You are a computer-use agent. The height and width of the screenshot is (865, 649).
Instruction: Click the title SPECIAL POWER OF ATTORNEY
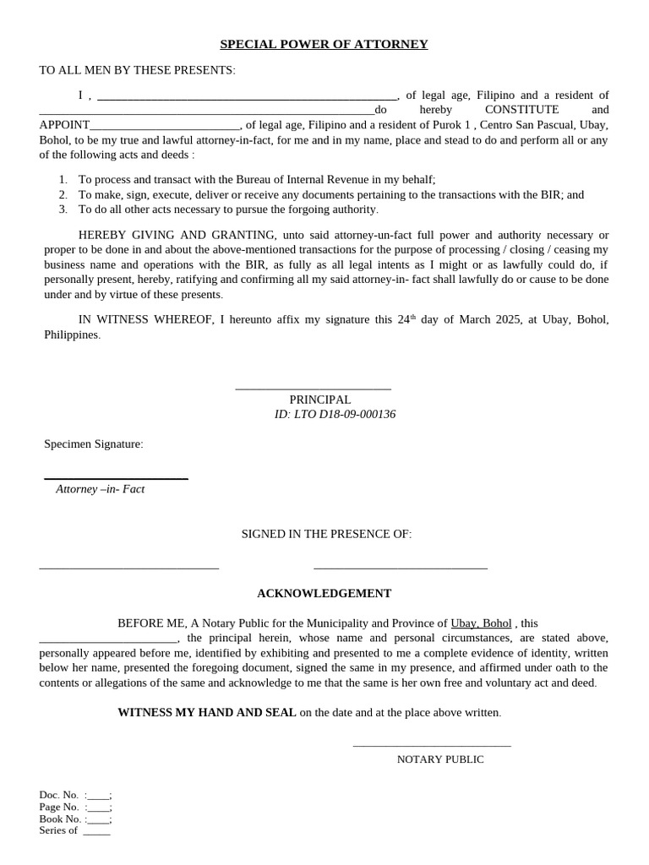324,44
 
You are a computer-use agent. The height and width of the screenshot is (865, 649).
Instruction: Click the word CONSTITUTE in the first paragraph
521,110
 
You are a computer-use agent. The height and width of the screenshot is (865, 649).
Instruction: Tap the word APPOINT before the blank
64,125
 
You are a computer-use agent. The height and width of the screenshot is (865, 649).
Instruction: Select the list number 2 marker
63,194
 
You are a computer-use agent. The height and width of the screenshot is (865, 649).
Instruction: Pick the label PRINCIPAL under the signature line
319,400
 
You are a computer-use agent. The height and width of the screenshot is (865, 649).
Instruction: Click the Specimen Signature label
93,443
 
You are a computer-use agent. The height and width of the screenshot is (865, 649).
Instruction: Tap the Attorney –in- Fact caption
100,488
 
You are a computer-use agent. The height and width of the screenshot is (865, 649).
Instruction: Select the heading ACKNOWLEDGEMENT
324,593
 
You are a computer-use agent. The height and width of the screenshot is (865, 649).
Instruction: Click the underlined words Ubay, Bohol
481,623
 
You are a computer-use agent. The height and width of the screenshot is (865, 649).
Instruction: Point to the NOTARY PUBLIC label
440,759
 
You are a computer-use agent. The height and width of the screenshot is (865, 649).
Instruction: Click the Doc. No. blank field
98,796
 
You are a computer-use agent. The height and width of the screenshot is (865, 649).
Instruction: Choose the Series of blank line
96,832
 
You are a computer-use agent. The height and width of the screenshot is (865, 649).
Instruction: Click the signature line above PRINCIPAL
313,389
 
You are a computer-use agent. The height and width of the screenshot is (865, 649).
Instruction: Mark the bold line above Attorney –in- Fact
116,479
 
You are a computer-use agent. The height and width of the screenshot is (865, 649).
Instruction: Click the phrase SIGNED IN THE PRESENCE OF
326,534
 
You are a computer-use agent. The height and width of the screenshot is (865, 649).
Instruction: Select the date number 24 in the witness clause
403,319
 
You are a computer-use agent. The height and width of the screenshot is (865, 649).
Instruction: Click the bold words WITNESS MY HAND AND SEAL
206,712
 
